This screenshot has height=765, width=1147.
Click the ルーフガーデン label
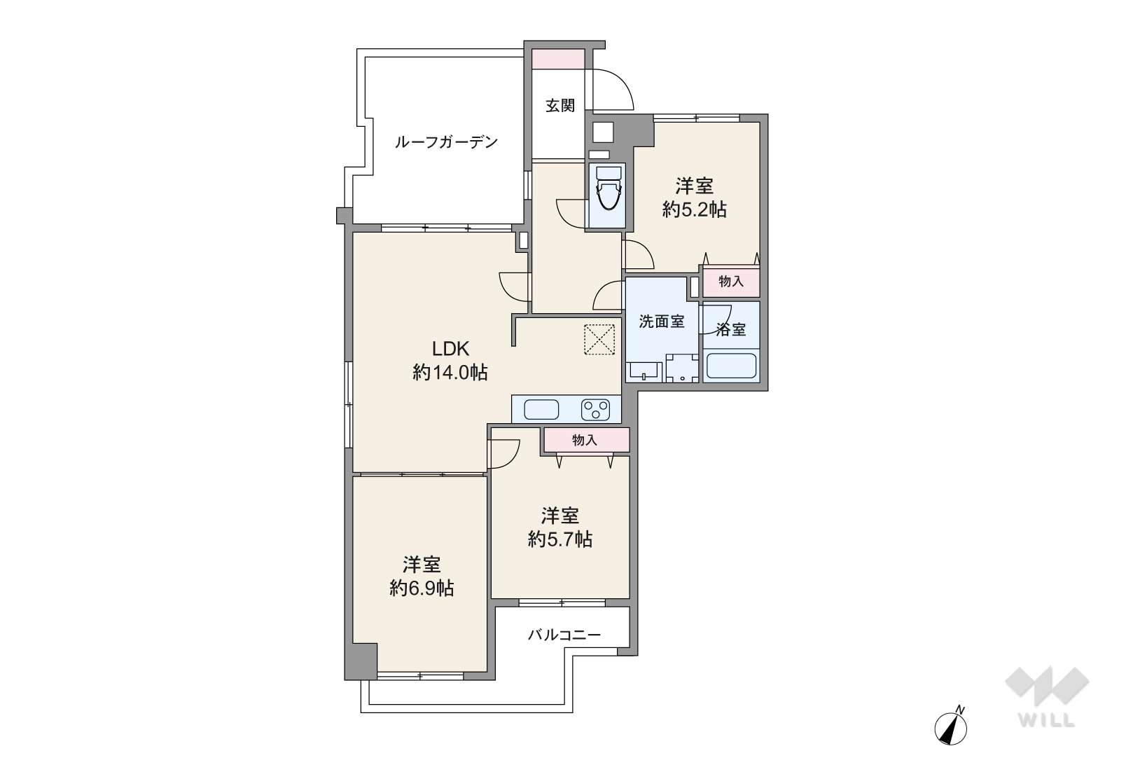pyautogui.click(x=446, y=143)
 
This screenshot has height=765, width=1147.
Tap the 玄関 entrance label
pyautogui.click(x=560, y=106)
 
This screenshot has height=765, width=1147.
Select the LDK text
pyautogui.click(x=450, y=348)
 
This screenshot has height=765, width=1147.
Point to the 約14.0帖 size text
pyautogui.click(x=450, y=372)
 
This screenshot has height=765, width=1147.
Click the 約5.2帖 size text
pyautogui.click(x=694, y=209)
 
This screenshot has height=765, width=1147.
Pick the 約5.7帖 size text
pyautogui.click(x=559, y=539)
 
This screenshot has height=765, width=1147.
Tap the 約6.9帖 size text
pyautogui.click(x=422, y=588)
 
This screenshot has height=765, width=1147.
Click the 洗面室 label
pyautogui.click(x=662, y=322)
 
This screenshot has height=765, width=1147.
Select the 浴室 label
pyautogui.click(x=731, y=329)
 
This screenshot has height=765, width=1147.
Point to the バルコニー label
pyautogui.click(x=564, y=635)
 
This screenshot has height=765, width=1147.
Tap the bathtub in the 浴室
pyautogui.click(x=731, y=366)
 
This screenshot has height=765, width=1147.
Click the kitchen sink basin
pyautogui.click(x=541, y=409)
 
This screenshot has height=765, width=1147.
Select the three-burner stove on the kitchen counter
pyautogui.click(x=595, y=409)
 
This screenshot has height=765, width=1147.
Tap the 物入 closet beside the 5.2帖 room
pyautogui.click(x=731, y=282)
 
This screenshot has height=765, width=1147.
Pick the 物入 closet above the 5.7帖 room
pyautogui.click(x=585, y=440)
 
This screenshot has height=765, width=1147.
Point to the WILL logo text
pyautogui.click(x=1047, y=720)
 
